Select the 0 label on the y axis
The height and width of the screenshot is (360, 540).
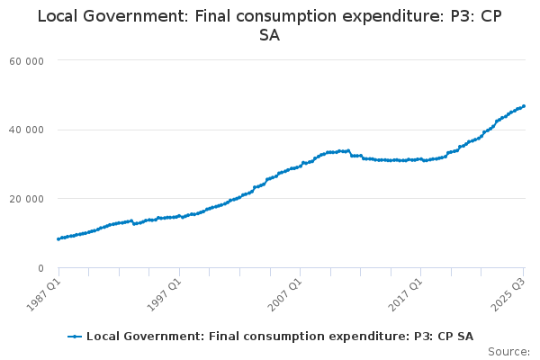click(x=41, y=268)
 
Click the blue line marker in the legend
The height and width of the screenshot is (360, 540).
click(x=75, y=337)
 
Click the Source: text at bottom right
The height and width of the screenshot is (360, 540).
click(x=509, y=352)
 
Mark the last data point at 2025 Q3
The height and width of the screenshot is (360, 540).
click(x=524, y=106)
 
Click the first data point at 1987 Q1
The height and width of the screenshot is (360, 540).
click(x=58, y=238)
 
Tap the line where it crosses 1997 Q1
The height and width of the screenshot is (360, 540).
click(x=179, y=216)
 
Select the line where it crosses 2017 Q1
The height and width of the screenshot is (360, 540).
click(x=420, y=159)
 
